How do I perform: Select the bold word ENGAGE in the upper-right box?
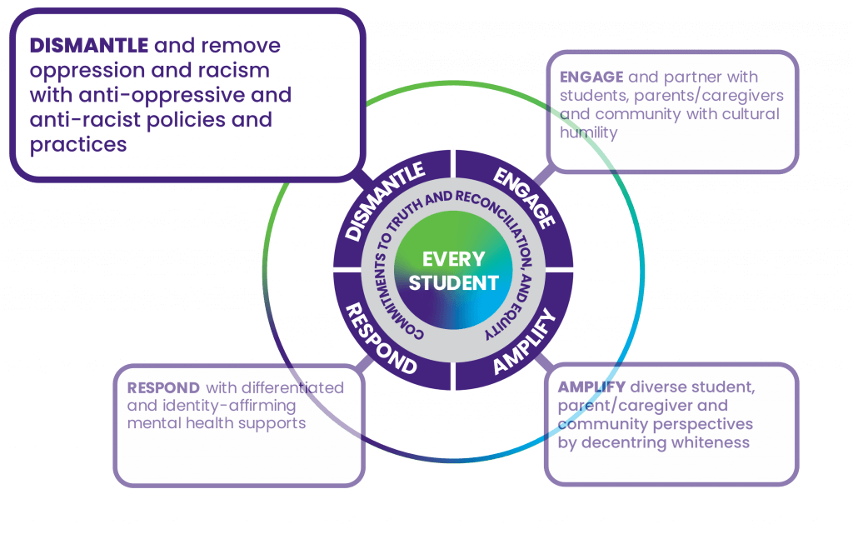pos(591,77)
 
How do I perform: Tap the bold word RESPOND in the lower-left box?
pos(163,388)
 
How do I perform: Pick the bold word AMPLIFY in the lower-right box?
pos(591,388)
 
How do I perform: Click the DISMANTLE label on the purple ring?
pos(385,201)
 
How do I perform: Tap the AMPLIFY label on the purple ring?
pos(523,342)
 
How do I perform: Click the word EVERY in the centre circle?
pos(453,259)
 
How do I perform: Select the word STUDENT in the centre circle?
pos(453,283)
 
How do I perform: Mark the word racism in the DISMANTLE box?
pos(237,70)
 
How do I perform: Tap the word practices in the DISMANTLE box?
pos(78,144)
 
